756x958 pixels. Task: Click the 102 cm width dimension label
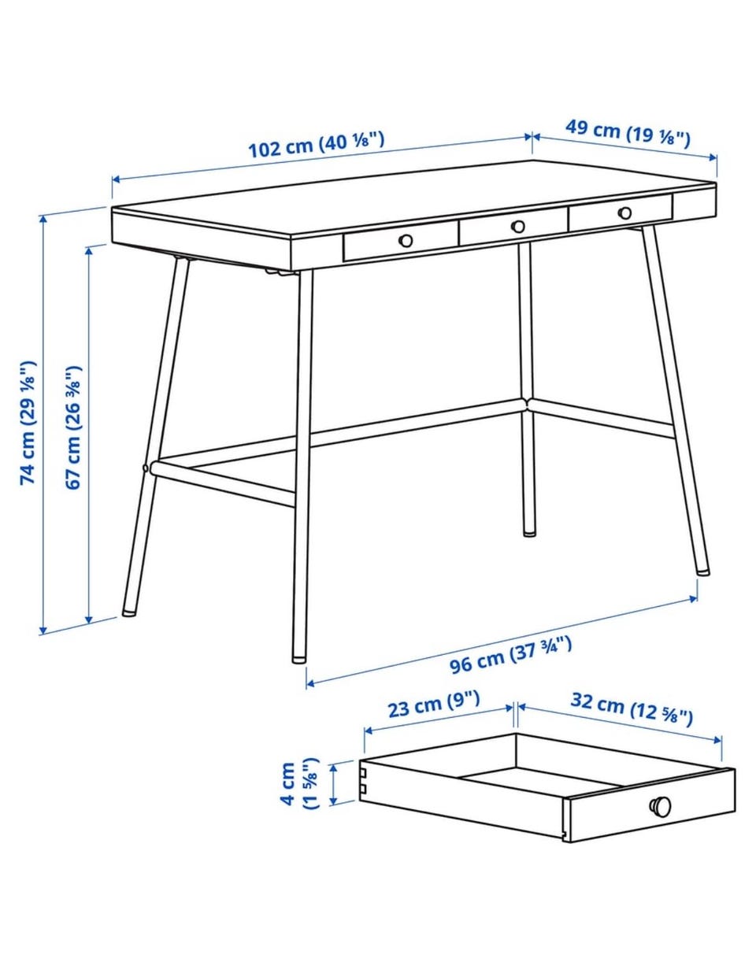coord(316,144)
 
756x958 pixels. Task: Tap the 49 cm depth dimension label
coord(628,133)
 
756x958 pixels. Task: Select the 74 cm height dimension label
coord(27,423)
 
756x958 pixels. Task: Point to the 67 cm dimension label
coord(73,427)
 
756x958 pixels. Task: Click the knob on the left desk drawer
coord(406,241)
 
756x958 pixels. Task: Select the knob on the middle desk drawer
coord(517,227)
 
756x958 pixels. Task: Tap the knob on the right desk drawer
coord(625,213)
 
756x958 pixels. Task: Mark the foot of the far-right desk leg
coord(702,571)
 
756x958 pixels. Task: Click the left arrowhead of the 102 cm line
coord(117,179)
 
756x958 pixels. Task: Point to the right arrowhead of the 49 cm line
coord(713,157)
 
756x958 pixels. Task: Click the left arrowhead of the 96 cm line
coord(311,683)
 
